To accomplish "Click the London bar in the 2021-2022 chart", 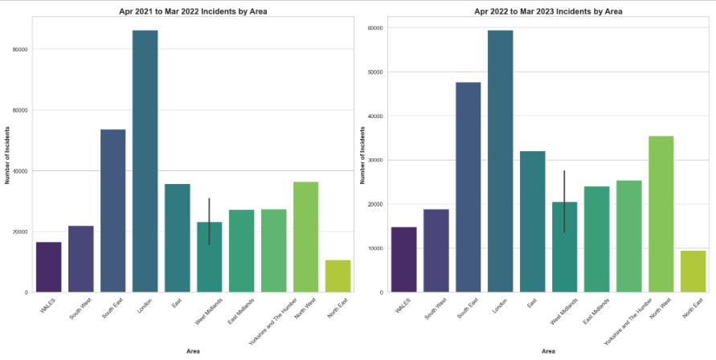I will (145, 161).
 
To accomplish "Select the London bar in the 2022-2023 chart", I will (500, 161).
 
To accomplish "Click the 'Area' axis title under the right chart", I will (548, 351).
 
